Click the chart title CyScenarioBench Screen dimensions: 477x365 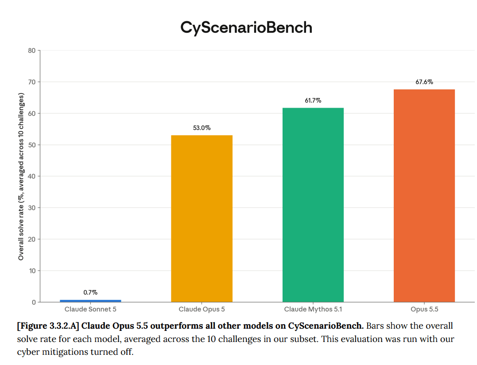(x=246, y=27)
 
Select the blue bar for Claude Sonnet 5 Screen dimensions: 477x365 (x=90, y=301)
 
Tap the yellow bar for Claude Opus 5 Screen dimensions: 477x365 (x=202, y=219)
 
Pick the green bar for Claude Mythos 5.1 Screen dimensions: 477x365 (x=313, y=205)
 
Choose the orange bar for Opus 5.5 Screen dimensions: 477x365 (x=424, y=196)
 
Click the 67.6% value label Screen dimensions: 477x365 (x=424, y=82)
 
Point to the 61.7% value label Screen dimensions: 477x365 (x=313, y=101)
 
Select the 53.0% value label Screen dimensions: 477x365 (x=202, y=128)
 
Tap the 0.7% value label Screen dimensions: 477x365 (x=90, y=292)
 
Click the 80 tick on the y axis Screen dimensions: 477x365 (x=31, y=50)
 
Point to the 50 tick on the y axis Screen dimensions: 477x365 (x=31, y=145)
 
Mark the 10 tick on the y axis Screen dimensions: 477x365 (x=32, y=271)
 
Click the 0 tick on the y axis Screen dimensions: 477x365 (x=34, y=303)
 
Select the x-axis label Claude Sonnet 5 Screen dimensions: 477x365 (x=90, y=309)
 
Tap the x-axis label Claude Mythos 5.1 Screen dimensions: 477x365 (x=313, y=309)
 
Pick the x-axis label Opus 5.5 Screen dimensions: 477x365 (x=424, y=309)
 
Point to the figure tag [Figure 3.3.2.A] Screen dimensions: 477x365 (x=48, y=326)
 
